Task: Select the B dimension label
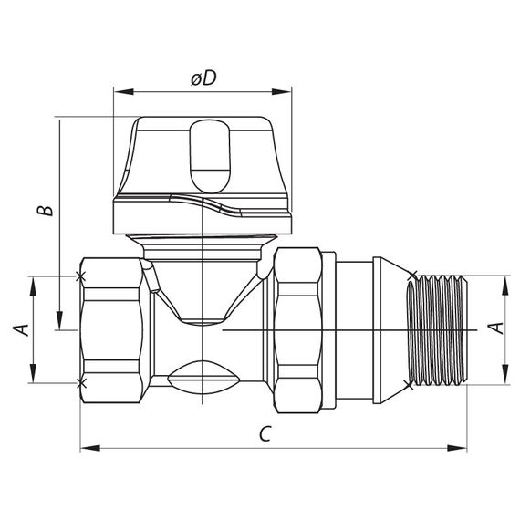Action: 43,211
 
